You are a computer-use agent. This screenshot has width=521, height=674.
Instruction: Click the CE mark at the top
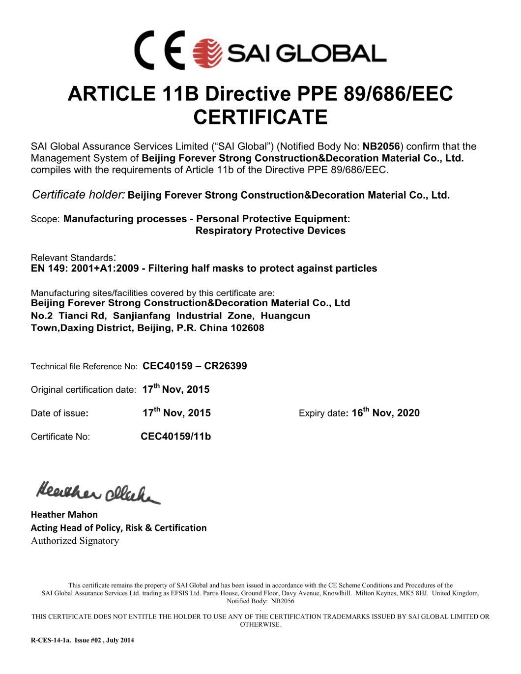(160, 50)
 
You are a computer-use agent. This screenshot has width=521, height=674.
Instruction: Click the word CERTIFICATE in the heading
(260, 117)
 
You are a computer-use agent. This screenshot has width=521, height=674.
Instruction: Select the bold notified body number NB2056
(382, 147)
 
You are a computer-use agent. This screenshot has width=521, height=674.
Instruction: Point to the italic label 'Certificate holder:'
(78, 195)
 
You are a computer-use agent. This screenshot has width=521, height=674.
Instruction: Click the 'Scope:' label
(45, 219)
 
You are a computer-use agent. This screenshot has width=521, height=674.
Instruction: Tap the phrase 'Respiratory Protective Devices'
(270, 231)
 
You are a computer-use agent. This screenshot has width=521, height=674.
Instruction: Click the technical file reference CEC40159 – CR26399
(195, 366)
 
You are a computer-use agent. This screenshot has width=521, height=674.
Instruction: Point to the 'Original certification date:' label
(83, 390)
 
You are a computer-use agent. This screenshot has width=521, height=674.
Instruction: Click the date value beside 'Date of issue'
(176, 412)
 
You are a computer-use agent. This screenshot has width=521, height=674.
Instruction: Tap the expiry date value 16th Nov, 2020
(386, 412)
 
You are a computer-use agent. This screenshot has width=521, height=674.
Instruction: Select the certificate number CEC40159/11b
(175, 436)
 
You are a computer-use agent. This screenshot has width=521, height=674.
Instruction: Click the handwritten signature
(98, 490)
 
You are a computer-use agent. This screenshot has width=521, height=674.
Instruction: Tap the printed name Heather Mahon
(64, 515)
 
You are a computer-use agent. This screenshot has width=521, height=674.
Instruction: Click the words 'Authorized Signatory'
(75, 541)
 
